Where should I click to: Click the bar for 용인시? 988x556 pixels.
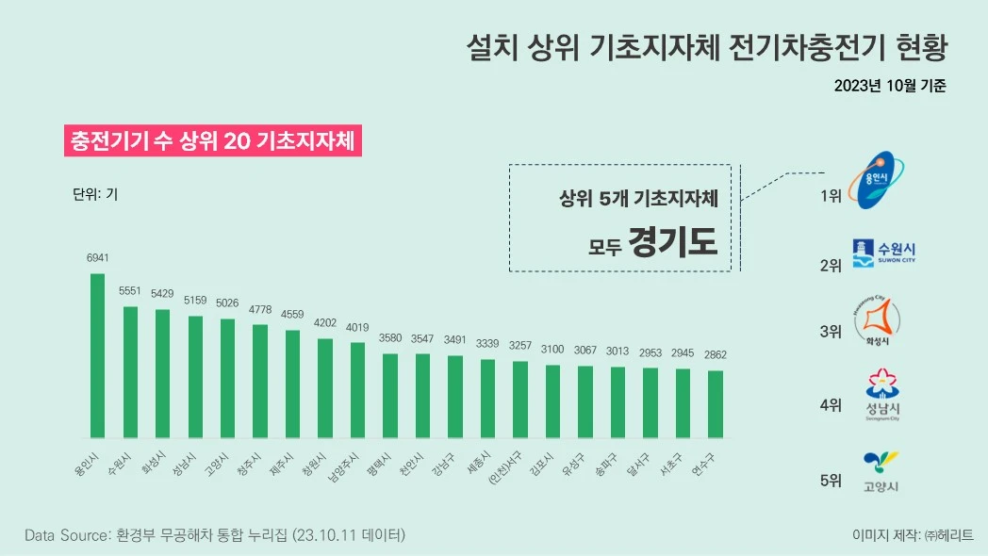(97, 356)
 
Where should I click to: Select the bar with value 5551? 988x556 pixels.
(130, 372)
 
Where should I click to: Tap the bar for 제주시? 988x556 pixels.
(292, 384)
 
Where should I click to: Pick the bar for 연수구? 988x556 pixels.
(716, 404)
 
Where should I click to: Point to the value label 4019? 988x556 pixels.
(357, 328)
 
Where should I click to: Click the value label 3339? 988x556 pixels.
(487, 342)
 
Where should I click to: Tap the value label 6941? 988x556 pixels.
(98, 257)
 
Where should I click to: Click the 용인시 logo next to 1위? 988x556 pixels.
(880, 179)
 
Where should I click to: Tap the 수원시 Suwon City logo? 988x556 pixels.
(883, 253)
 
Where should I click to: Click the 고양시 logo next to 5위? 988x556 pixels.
(881, 472)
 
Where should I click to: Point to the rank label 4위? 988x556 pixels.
(830, 405)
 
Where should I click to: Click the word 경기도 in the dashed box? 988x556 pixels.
(673, 242)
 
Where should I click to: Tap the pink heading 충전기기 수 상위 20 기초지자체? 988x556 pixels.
(212, 141)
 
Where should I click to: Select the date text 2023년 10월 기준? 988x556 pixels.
(889, 86)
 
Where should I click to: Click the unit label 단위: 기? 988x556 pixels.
(95, 195)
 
